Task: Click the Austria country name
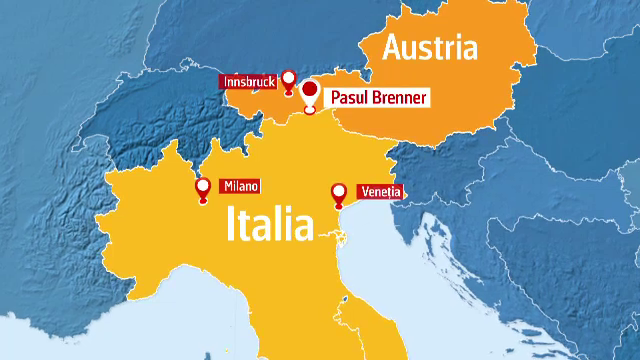pos(430,47)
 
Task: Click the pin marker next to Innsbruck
pos(289,79)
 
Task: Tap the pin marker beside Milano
pos(203,187)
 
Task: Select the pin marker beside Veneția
pos(338,192)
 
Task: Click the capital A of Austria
pos(394,47)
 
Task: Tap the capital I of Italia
pos(234,224)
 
